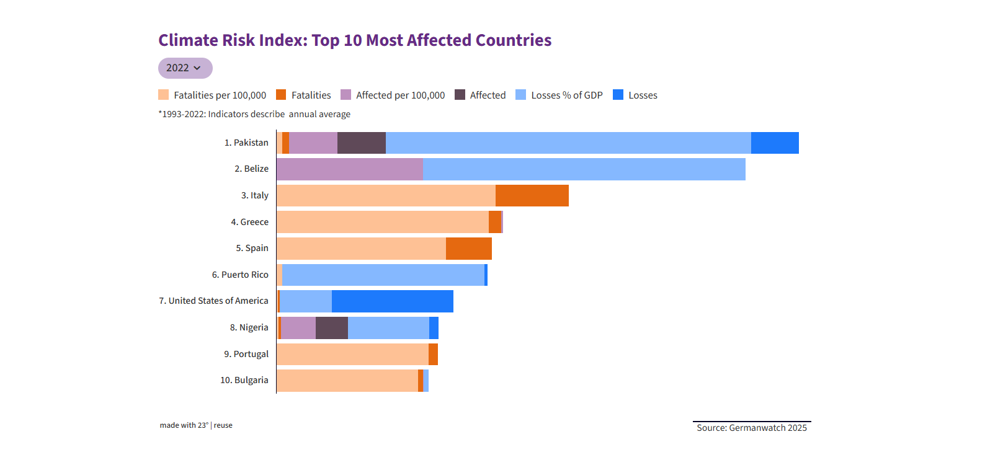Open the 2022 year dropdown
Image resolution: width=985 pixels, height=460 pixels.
point(185,68)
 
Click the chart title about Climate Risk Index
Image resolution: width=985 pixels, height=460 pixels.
point(355,40)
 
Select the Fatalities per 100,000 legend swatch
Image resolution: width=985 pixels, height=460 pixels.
point(164,95)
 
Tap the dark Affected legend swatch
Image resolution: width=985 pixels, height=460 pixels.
point(460,95)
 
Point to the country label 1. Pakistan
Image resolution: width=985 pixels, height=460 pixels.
point(246,143)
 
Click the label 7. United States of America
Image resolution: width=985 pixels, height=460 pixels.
point(213,301)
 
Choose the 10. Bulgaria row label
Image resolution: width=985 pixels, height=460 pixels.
point(244,380)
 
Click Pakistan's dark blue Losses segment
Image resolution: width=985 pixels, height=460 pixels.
point(775,143)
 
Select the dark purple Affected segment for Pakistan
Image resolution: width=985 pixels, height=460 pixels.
point(361,143)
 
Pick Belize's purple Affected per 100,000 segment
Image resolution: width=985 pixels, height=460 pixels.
point(349,169)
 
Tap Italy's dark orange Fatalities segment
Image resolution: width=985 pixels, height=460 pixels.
point(532,195)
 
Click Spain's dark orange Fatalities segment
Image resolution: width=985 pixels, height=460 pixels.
point(468,248)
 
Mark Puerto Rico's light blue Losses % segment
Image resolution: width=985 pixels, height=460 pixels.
point(383,275)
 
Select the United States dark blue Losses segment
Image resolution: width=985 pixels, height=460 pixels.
point(392,301)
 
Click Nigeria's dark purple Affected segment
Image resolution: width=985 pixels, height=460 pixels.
point(331,327)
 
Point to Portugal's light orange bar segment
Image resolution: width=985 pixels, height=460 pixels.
point(352,354)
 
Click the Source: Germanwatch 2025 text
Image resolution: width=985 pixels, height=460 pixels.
point(752,428)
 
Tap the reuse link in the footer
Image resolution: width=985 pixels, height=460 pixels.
point(223,425)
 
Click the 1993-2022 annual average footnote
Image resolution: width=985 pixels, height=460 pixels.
point(254,114)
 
